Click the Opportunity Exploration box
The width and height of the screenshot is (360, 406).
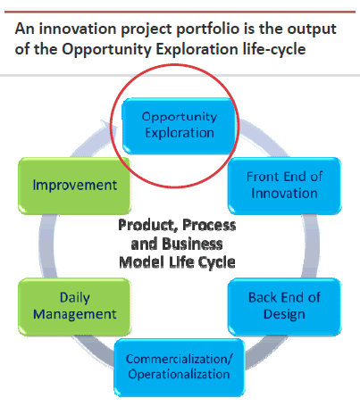pos(179,126)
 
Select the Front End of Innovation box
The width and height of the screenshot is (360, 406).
pos(284,186)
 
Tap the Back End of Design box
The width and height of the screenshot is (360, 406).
pos(284,307)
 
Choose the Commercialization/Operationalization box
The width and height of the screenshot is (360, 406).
pos(180,368)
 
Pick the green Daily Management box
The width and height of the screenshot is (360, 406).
pos(74,307)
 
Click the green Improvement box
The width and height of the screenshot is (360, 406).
pos(74,186)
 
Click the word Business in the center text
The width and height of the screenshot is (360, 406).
pos(193,244)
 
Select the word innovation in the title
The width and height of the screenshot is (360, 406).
pos(78,29)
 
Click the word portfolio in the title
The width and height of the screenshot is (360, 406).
pos(207,29)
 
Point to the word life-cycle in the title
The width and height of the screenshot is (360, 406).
pos(274,49)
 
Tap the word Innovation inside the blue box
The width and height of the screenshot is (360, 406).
pos(284,194)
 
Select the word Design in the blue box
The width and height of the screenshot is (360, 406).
pos(284,315)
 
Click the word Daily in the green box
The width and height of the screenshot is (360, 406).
pos(75,298)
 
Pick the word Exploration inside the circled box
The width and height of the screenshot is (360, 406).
pos(180,133)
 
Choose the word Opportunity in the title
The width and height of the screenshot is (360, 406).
pos(107,50)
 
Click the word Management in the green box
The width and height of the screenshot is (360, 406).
pos(75,315)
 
